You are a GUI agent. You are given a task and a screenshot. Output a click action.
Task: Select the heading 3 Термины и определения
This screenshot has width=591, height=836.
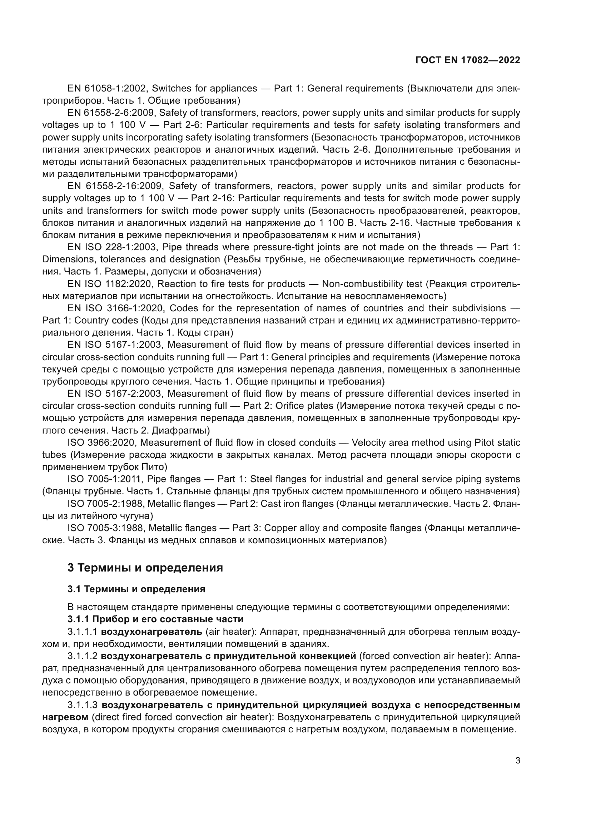click(145, 568)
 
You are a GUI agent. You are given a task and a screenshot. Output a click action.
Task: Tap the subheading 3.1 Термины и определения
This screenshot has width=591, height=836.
click(136, 589)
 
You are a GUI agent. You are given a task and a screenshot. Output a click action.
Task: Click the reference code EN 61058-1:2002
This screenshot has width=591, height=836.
click(107, 89)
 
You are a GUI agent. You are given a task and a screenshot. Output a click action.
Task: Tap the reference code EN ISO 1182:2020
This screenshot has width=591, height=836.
click(110, 284)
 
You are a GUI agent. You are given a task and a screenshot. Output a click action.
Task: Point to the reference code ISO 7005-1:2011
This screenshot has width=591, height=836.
click(104, 479)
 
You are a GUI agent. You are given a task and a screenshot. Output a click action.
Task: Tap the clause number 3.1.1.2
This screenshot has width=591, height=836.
click(82, 656)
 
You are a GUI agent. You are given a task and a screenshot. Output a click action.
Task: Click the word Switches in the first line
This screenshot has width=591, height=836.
click(170, 89)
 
